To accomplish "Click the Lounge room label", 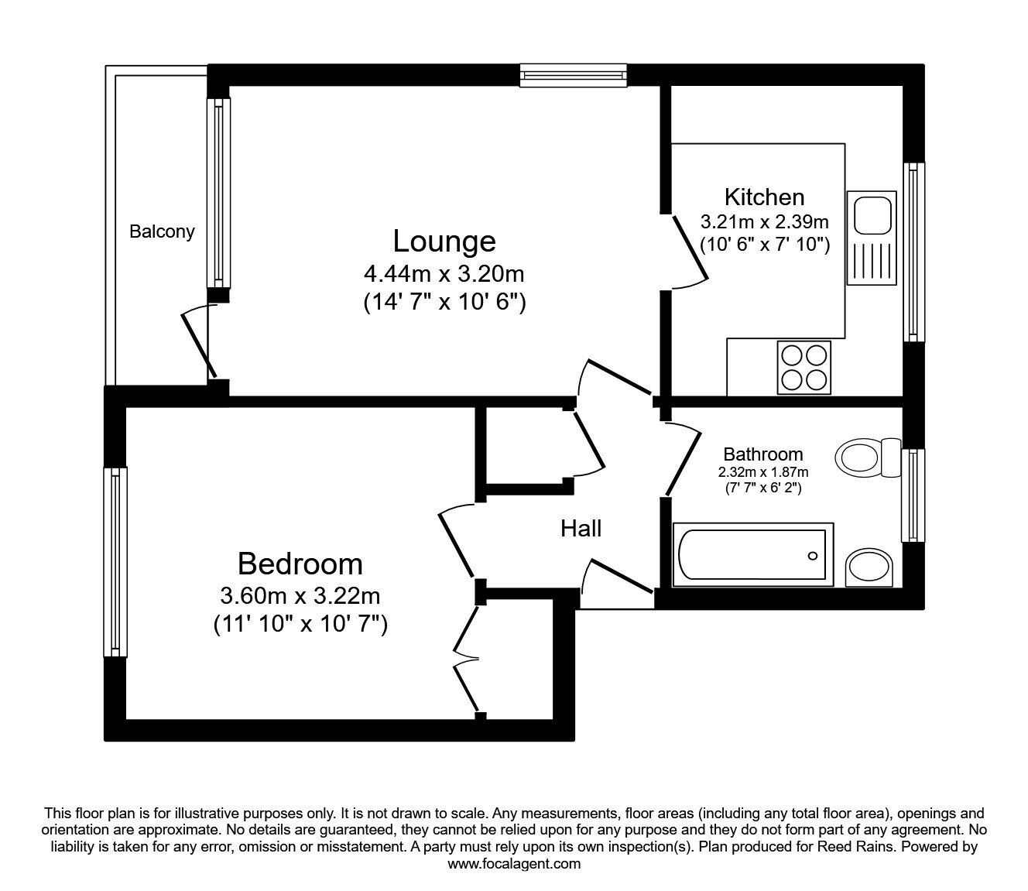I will (x=444, y=241).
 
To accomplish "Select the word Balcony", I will (x=162, y=231).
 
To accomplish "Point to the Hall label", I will (x=581, y=529).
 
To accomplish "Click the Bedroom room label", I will (x=300, y=564).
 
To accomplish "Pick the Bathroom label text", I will (x=762, y=454).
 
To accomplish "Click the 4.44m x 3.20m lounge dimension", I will (x=444, y=274).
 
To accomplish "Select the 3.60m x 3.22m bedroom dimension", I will (x=300, y=596).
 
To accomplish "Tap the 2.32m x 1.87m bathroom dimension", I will (x=762, y=472).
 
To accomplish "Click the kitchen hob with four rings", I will (x=804, y=367).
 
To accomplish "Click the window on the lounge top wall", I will (x=573, y=75).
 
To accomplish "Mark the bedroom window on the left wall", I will (x=115, y=561).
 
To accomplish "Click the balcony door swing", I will (x=197, y=341).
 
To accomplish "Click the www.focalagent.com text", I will (x=514, y=864).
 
